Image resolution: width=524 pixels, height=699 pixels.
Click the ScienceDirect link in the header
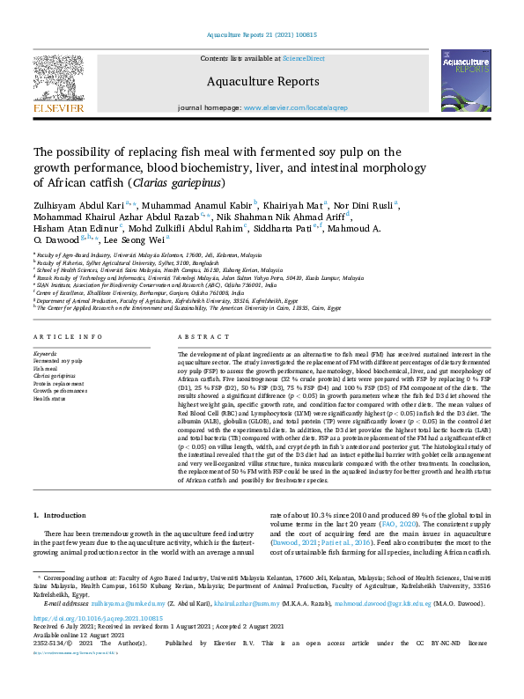pos(303,58)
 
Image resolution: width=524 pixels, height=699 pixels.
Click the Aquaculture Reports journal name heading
pos(262,81)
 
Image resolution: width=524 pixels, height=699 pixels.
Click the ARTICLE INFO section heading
pos(61,337)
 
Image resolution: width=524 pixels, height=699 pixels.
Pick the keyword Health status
pos(49,398)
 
